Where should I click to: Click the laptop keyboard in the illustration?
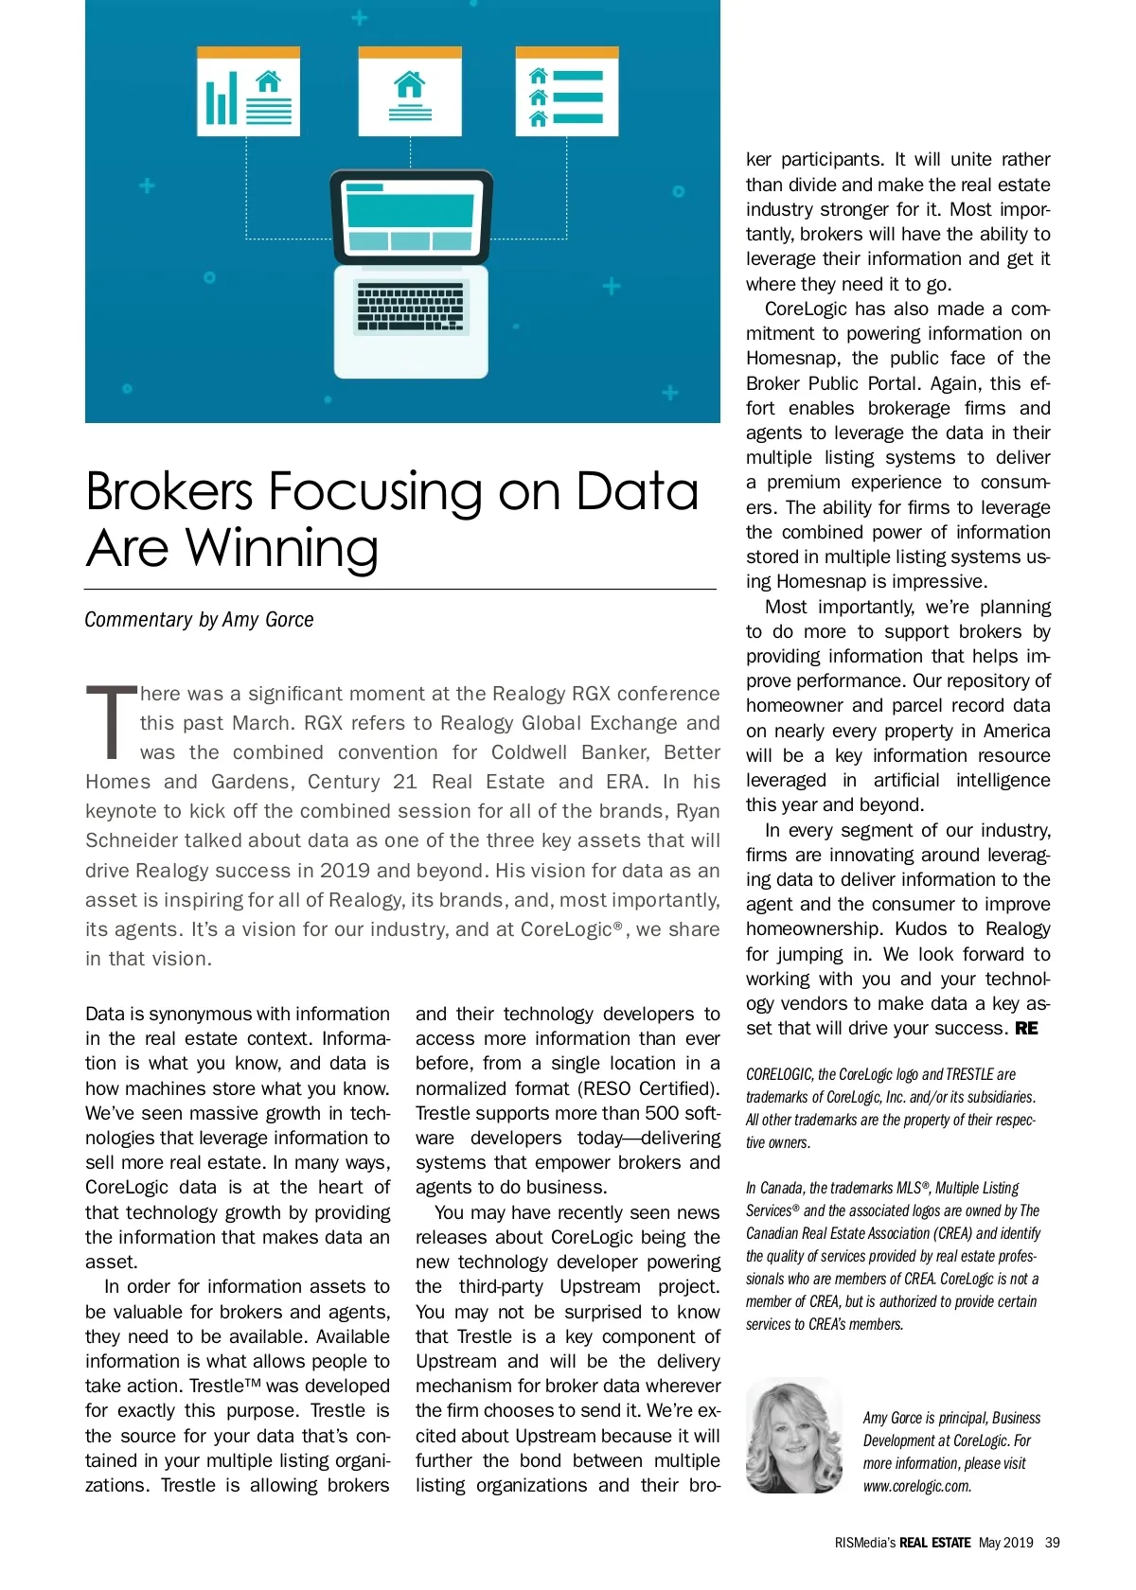[x=411, y=307]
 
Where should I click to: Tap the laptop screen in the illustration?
[x=411, y=218]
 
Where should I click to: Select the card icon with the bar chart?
[x=248, y=93]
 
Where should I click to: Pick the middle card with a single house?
[x=410, y=93]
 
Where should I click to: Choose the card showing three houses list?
[x=566, y=93]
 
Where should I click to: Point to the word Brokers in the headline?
[x=169, y=491]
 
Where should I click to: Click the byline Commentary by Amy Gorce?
[x=199, y=620]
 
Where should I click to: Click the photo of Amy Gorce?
[x=793, y=1437]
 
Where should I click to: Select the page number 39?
[x=1053, y=1543]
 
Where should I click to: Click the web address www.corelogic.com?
[x=916, y=1486]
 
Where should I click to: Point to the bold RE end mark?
[x=1026, y=1029]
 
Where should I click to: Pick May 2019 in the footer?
[x=1005, y=1543]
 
